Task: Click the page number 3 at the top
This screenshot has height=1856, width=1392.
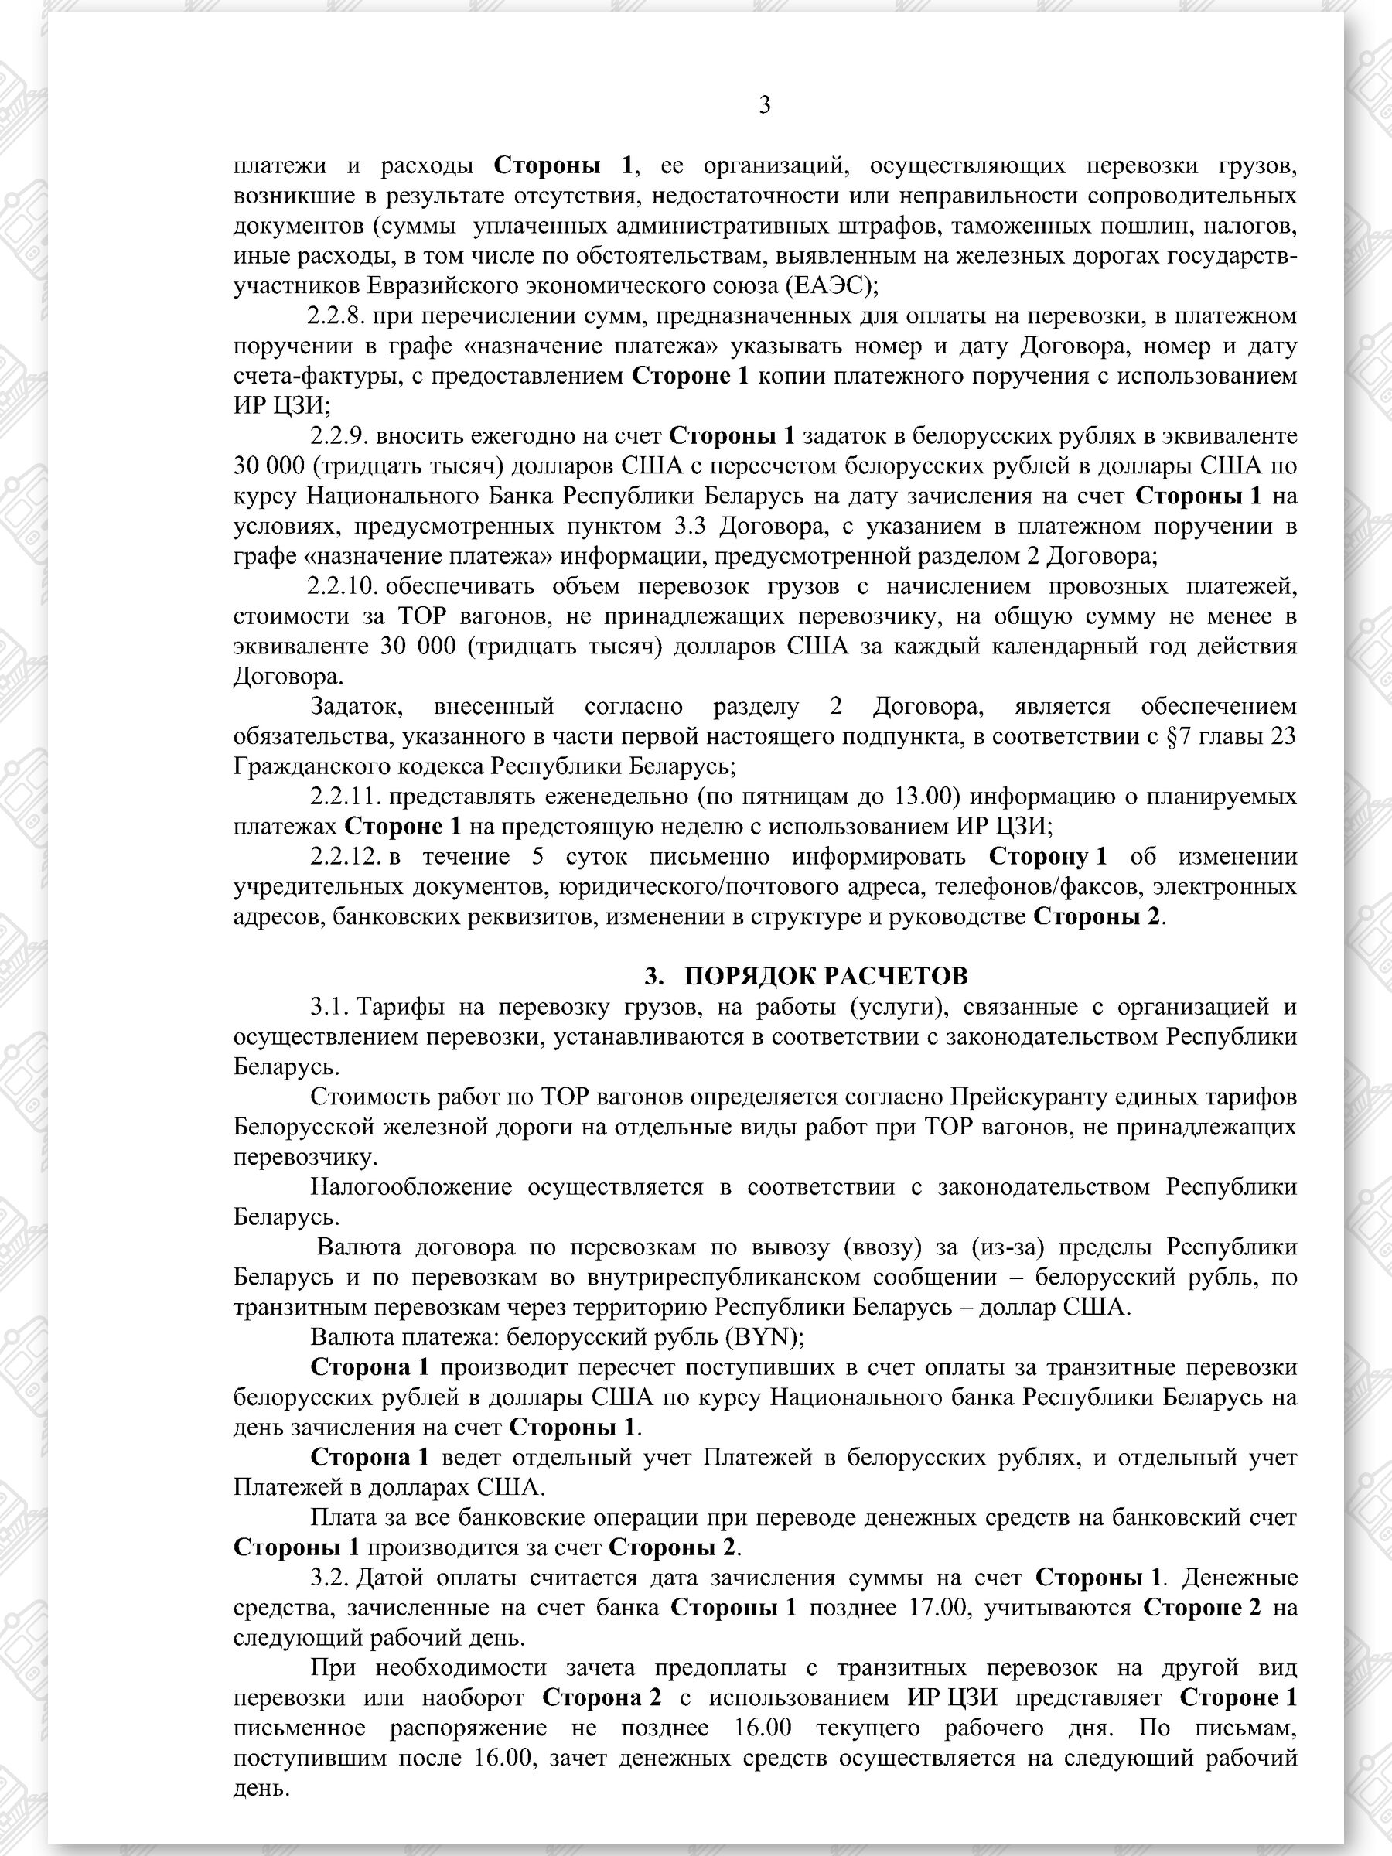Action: pyautogui.click(x=764, y=106)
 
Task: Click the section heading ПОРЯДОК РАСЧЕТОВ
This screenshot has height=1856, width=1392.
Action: pyautogui.click(x=826, y=976)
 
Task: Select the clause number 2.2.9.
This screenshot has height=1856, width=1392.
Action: pyautogui.click(x=338, y=436)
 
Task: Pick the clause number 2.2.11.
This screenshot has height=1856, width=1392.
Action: pyautogui.click(x=343, y=796)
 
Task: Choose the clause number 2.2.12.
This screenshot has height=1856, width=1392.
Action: pyautogui.click(x=343, y=856)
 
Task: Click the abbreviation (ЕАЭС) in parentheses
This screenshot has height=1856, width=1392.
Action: pyautogui.click(x=831, y=286)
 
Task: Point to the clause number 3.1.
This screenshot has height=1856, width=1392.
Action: pyautogui.click(x=329, y=1006)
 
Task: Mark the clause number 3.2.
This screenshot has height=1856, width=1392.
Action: pyautogui.click(x=329, y=1578)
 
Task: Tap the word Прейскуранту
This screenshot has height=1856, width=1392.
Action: pyautogui.click(x=1030, y=1097)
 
